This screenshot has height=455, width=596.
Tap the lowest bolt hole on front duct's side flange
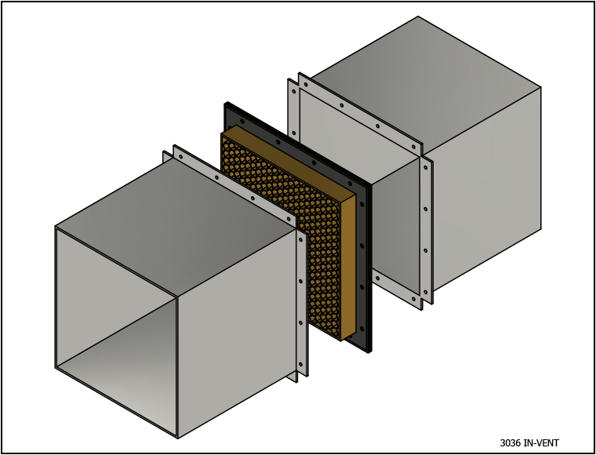300,363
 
